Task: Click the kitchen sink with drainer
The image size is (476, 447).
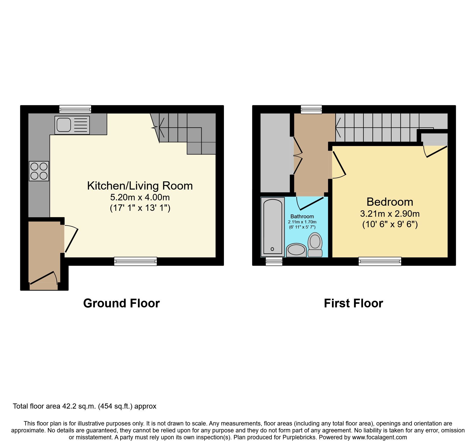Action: pos(72,125)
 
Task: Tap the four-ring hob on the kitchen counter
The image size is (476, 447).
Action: pos(39,171)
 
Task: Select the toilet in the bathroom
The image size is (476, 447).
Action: pos(315,244)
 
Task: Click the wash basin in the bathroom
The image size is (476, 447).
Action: pos(296,250)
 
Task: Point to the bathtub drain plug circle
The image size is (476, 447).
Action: pos(272,249)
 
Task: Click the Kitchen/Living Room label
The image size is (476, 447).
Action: pos(140,186)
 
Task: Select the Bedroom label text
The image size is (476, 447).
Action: pos(390,202)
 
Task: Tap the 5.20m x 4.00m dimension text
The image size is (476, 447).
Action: pos(140,197)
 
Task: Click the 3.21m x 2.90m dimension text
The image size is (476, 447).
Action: pos(390,214)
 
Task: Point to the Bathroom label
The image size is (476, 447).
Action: pos(302,216)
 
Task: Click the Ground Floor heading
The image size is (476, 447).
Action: pos(121,303)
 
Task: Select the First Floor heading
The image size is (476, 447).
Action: pos(353,303)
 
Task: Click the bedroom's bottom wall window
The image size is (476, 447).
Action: pos(380,261)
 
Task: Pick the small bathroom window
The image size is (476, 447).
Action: pos(274,262)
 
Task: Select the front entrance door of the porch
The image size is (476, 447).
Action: pos(44,279)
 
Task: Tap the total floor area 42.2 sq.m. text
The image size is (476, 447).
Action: pos(84,406)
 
